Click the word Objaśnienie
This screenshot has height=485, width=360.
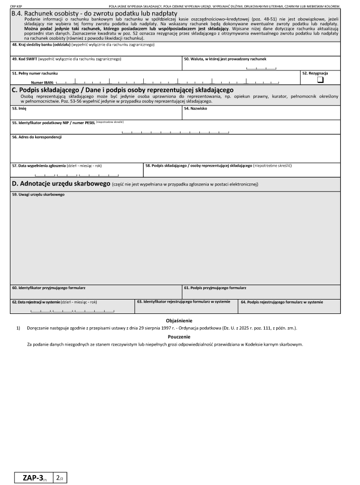180,321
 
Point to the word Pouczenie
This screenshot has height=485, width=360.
180,337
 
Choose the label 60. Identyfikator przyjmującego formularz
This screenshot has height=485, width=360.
52,288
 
